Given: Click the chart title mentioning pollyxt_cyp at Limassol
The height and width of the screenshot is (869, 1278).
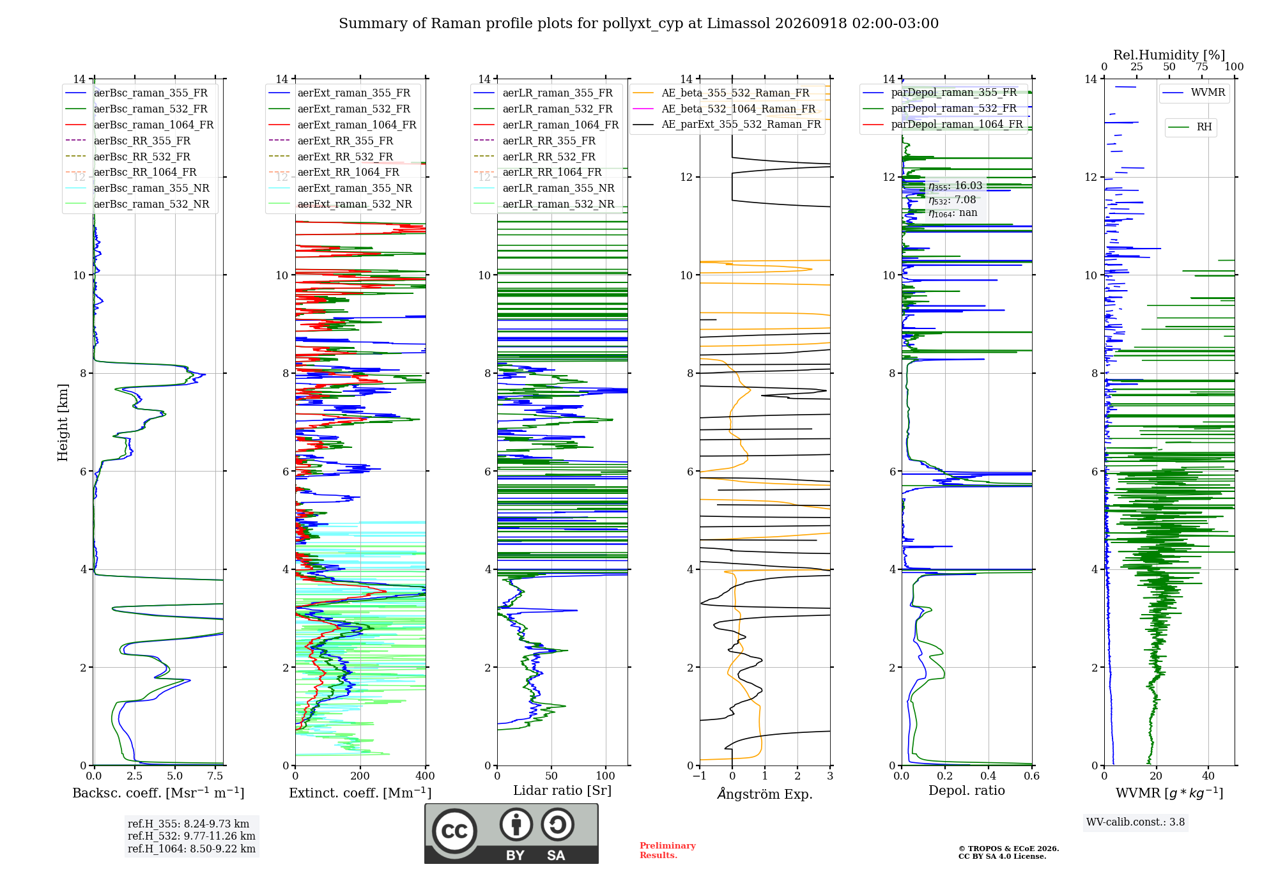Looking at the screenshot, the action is pos(638,24).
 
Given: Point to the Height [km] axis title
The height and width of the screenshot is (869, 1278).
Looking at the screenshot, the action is pos(63,422).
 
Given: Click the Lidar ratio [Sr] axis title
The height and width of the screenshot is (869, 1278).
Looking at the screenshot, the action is pos(562,790).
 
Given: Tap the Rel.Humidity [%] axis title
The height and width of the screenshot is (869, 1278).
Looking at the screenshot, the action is pos(1169,55).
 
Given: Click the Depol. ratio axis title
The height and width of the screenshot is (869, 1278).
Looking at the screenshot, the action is pos(967,790).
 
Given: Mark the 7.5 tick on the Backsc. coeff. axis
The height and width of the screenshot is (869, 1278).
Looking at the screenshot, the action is pos(215,776).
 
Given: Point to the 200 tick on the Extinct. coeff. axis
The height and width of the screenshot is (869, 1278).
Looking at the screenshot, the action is pos(360,776).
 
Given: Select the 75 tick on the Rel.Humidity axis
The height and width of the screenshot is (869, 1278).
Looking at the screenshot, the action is pos(1202,66).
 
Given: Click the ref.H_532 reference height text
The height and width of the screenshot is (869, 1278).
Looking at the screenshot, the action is pos(192,836).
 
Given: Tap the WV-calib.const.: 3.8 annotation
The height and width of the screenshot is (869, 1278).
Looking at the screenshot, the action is pos(1136,822).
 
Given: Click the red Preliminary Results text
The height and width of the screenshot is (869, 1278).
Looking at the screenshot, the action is pos(668,850).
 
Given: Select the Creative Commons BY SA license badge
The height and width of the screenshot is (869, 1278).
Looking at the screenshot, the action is pos(511,834).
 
